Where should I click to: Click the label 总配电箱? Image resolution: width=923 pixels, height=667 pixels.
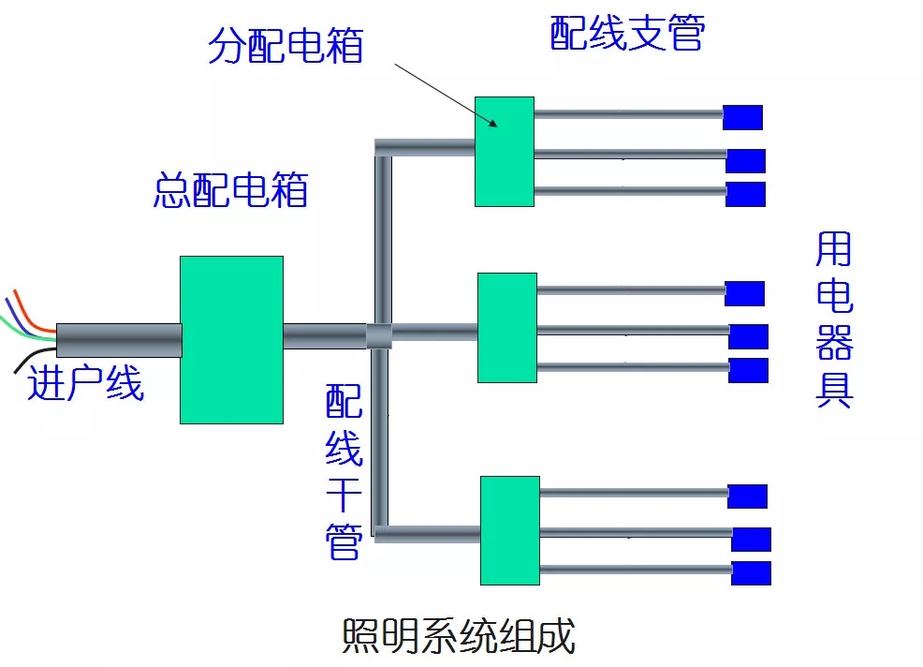pyautogui.click(x=230, y=190)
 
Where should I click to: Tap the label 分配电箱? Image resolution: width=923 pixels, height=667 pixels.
pyautogui.click(x=286, y=45)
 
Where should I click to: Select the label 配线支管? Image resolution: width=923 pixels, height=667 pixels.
pyautogui.click(x=627, y=33)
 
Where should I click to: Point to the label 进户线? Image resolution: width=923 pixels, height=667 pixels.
pyautogui.click(x=86, y=383)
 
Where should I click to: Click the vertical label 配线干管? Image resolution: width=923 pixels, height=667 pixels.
pyautogui.click(x=344, y=471)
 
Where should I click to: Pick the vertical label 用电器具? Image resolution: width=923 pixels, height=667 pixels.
pyautogui.click(x=834, y=319)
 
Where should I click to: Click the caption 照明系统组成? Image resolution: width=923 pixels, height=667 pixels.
pyautogui.click(x=459, y=636)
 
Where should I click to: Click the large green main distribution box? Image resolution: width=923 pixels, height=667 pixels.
pyautogui.click(x=231, y=340)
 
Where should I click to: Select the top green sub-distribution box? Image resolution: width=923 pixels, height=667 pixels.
pyautogui.click(x=505, y=152)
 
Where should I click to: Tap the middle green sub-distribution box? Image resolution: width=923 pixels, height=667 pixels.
pyautogui.click(x=507, y=328)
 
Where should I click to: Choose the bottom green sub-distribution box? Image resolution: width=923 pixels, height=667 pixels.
pyautogui.click(x=510, y=530)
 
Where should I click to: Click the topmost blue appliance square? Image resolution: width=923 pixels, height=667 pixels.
pyautogui.click(x=743, y=117)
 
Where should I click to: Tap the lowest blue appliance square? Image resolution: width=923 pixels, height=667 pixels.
pyautogui.click(x=751, y=573)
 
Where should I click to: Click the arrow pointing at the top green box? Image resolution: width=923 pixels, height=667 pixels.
pyautogui.click(x=447, y=96)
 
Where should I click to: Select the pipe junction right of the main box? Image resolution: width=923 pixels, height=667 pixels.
pyautogui.click(x=379, y=336)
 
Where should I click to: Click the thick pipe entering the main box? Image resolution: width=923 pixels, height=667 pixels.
pyautogui.click(x=119, y=340)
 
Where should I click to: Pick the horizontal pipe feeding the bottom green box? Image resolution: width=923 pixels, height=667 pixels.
pyautogui.click(x=428, y=534)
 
